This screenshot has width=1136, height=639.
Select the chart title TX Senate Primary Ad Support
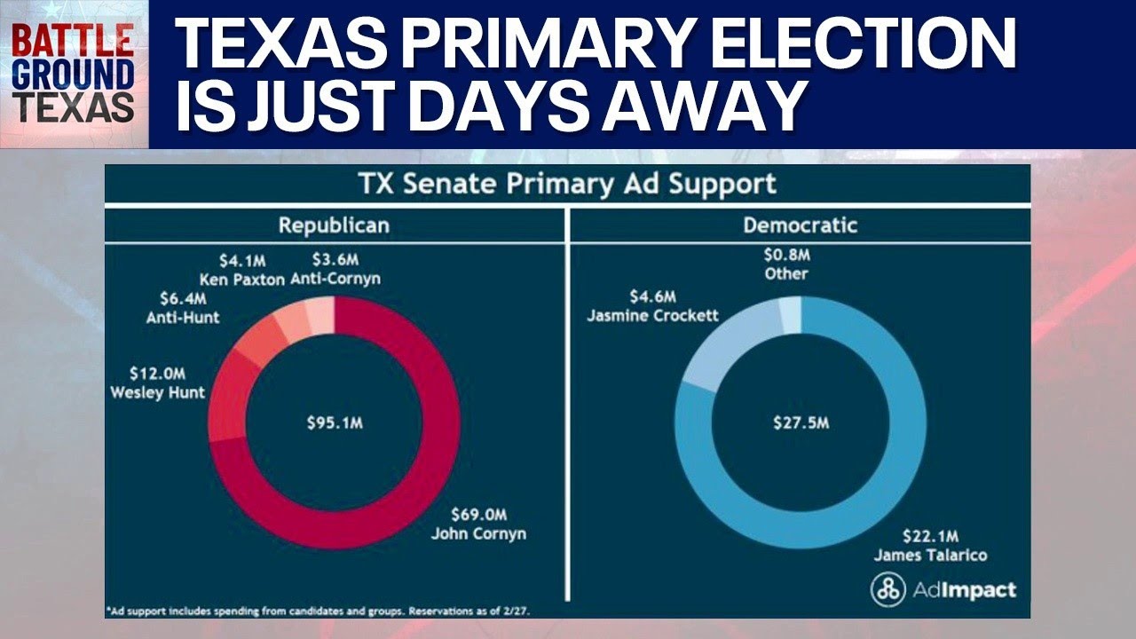567,185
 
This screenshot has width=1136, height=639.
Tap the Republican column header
334,225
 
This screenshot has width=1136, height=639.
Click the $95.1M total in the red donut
334,422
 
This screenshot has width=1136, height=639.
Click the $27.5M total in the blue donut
801,422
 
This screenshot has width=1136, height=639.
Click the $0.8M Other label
786,264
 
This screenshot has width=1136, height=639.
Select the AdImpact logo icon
887,589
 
